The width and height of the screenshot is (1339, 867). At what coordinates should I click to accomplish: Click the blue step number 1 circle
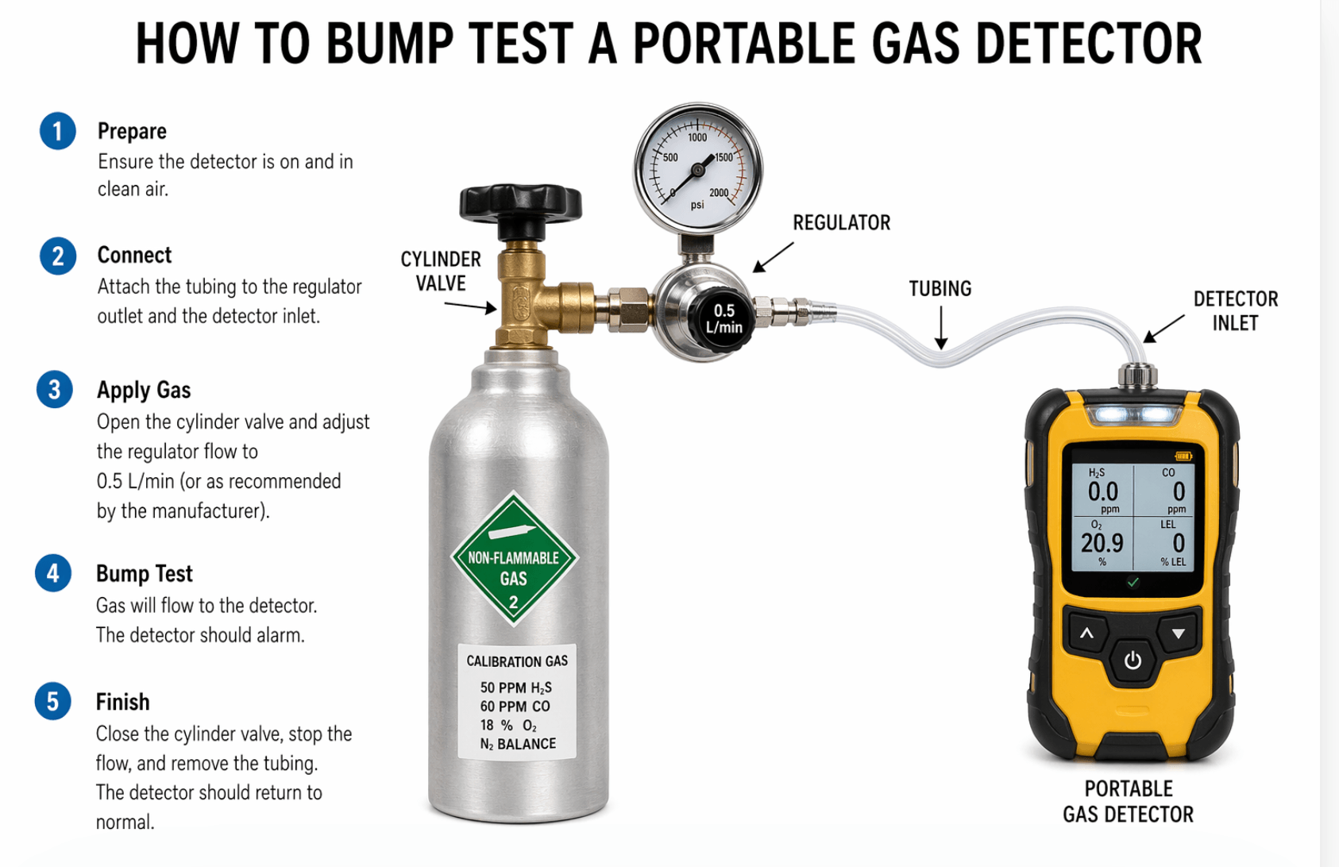coord(57,131)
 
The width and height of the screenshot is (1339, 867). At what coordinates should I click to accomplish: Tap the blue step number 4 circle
coord(53,573)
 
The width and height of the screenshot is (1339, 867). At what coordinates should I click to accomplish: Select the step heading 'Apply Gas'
coord(144,390)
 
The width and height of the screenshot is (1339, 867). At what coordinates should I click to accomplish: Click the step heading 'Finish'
coord(122,702)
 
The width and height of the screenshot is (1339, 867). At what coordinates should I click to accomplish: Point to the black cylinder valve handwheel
coord(520,203)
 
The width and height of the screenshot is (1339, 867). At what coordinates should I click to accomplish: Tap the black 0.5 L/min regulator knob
coord(723,319)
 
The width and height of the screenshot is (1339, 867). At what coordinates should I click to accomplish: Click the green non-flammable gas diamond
coord(514,559)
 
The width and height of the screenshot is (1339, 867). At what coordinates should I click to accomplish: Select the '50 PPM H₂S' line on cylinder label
coord(515,688)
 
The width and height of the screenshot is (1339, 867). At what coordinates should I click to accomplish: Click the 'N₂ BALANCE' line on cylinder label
coord(517,744)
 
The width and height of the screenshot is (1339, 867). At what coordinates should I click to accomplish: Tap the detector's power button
coord(1133,660)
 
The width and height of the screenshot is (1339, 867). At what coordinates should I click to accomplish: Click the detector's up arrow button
coord(1086,634)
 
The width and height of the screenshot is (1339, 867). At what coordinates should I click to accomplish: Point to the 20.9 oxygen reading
coord(1102,543)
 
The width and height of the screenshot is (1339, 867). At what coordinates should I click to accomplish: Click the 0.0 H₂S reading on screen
coord(1102,492)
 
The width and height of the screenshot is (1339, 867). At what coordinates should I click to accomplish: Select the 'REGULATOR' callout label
coord(841,223)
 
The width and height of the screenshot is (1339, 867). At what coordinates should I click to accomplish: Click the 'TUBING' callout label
coord(940,289)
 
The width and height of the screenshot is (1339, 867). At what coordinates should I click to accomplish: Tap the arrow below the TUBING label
coord(940,328)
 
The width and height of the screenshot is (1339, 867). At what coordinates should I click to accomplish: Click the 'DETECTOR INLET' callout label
coord(1235,310)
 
